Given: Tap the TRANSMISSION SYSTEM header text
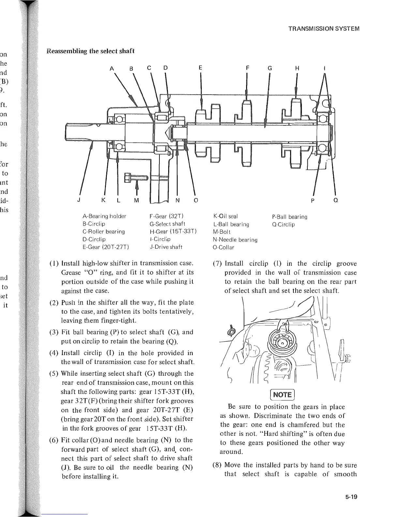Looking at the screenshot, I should click(x=324, y=28).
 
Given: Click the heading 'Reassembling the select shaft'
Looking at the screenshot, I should click(x=90, y=51).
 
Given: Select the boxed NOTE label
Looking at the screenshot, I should click(x=283, y=394).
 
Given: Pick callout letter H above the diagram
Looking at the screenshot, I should click(x=297, y=69).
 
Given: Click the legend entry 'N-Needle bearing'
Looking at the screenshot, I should click(x=235, y=240).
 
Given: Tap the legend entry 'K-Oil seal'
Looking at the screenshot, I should click(x=225, y=216).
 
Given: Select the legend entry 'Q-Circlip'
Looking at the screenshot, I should click(x=283, y=225).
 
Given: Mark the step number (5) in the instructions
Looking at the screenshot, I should click(x=54, y=373).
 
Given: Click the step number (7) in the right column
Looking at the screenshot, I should click(x=217, y=264).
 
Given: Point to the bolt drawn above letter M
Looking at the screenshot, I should click(x=136, y=178).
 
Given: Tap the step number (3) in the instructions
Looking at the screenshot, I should click(x=54, y=333).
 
